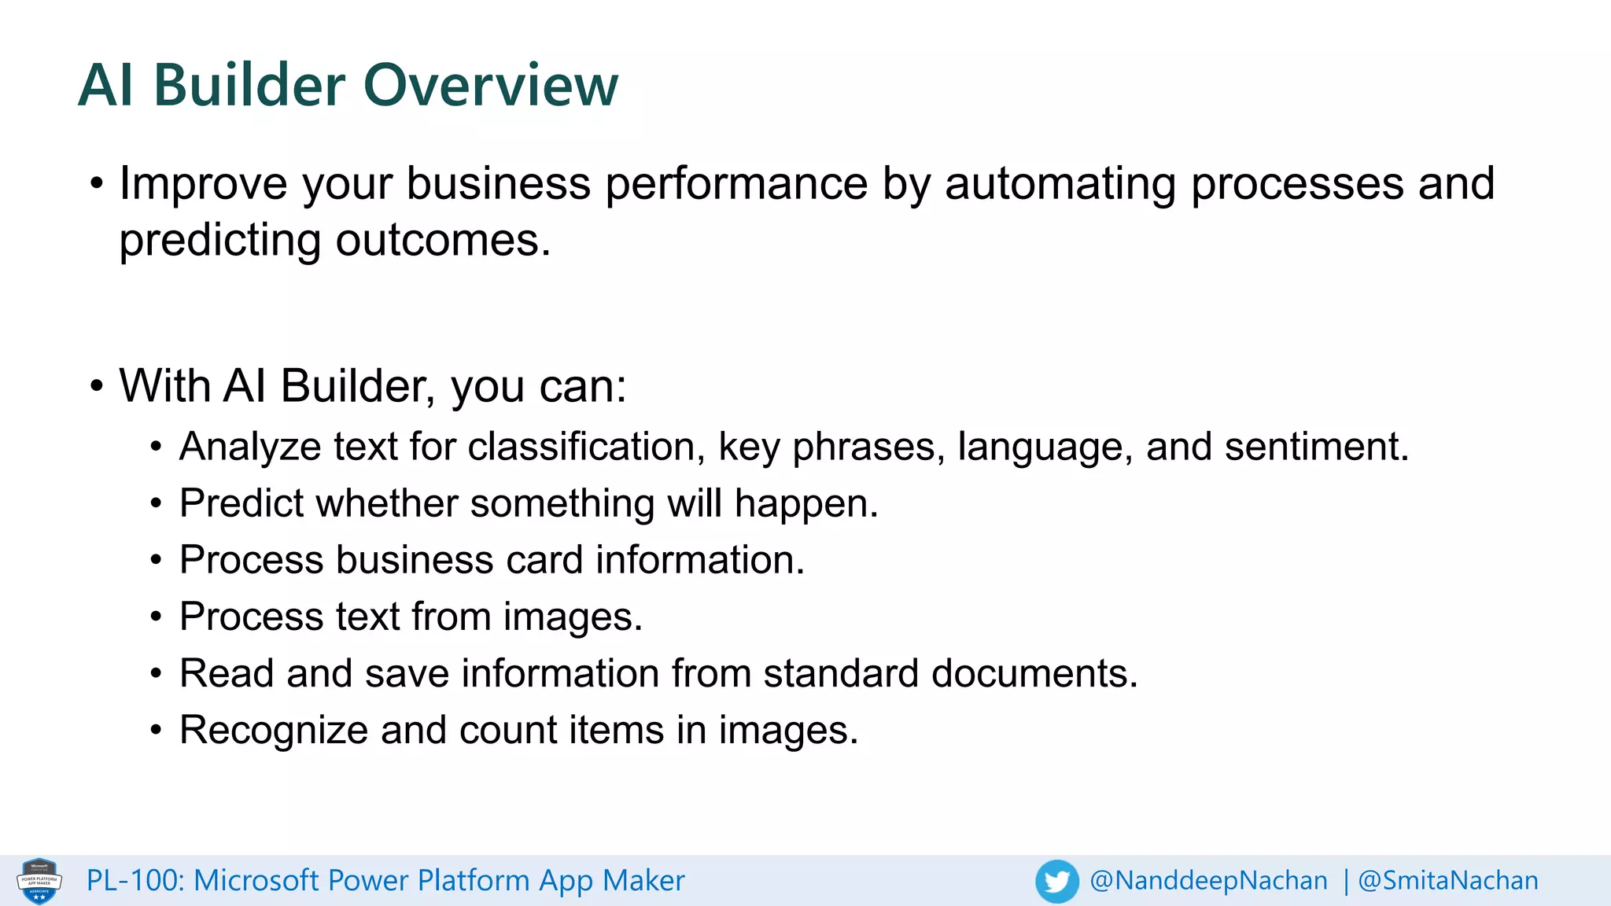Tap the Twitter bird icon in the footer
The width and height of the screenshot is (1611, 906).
tap(1056, 881)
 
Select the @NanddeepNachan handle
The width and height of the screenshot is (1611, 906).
tap(1208, 880)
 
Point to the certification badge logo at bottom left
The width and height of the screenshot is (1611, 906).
tap(39, 881)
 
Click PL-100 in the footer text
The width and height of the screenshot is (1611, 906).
tap(135, 880)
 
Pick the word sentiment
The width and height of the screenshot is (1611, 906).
tap(1315, 447)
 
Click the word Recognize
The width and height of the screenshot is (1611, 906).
tap(274, 730)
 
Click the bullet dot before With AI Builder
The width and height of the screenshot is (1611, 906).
tap(97, 386)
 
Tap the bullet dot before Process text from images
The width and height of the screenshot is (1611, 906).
tap(157, 617)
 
